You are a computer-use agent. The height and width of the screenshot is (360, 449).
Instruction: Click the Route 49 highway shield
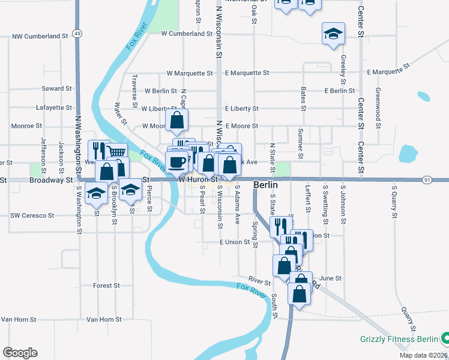78,34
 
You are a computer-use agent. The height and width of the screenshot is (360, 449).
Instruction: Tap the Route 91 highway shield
427,179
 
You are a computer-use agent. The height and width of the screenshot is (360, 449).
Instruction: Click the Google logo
20,353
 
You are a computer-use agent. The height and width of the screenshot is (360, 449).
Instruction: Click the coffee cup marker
176,161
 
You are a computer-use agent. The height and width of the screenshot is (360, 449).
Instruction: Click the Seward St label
57,89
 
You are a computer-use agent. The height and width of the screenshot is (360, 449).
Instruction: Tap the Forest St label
106,286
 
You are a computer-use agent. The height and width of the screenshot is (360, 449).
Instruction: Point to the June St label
331,278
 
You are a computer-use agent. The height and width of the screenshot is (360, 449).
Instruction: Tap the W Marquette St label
190,73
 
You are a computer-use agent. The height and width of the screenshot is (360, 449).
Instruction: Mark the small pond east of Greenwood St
423,96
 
